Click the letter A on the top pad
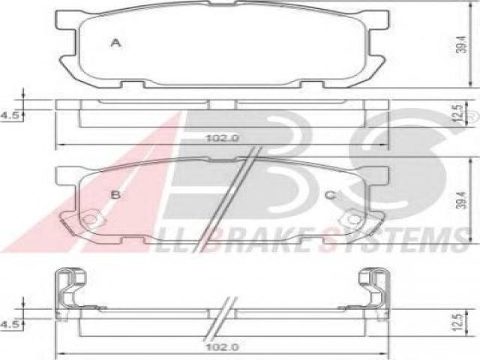coord(115,43)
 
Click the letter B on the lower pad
coord(115,194)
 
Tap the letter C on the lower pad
coord(331,195)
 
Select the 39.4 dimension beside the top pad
coord(462,45)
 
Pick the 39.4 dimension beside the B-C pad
coord(462,200)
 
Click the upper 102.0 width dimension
coord(223,138)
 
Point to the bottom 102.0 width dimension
coord(223,347)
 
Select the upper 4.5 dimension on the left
coord(10,115)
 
